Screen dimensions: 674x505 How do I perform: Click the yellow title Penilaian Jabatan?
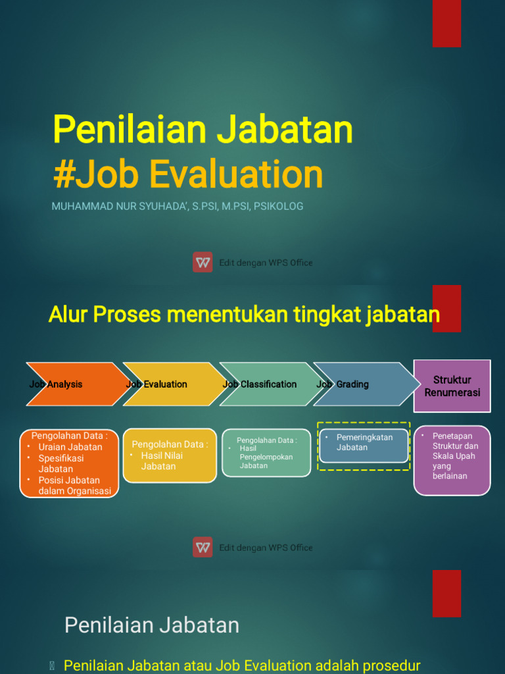point(203,130)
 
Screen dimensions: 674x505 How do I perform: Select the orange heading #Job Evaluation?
point(188,175)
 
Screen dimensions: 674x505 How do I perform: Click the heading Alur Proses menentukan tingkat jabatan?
point(244,315)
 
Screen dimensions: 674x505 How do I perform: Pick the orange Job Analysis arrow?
point(72,384)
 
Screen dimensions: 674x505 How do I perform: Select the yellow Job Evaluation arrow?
point(170,384)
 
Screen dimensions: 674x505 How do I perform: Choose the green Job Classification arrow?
point(266,384)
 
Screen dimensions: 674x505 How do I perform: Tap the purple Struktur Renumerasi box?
point(452,386)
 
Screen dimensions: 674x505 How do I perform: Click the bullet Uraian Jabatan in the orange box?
point(70,447)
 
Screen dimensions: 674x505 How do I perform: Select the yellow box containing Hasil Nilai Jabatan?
point(170,455)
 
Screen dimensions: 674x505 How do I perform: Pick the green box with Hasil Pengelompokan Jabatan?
point(266,453)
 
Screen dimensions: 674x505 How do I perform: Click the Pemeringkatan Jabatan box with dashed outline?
point(364,446)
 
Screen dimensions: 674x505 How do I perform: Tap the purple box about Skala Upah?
point(452,460)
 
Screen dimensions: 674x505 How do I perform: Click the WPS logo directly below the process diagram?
point(203,547)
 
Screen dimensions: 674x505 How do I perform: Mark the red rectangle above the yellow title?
point(446,23)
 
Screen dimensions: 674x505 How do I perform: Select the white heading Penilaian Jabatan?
point(152,625)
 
